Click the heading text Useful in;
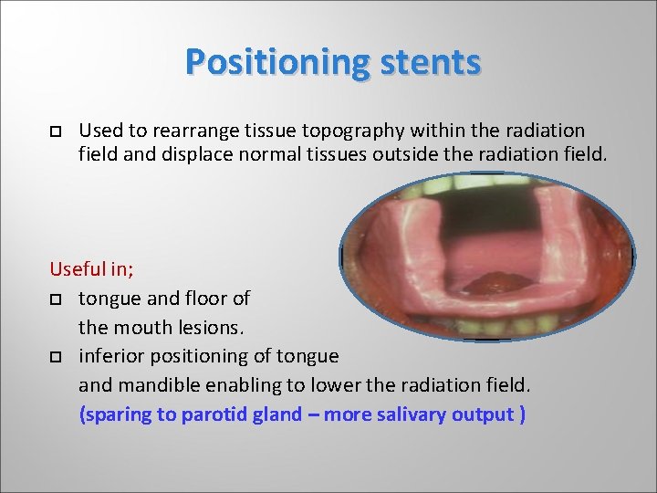coord(90,269)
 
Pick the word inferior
coord(111,355)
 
